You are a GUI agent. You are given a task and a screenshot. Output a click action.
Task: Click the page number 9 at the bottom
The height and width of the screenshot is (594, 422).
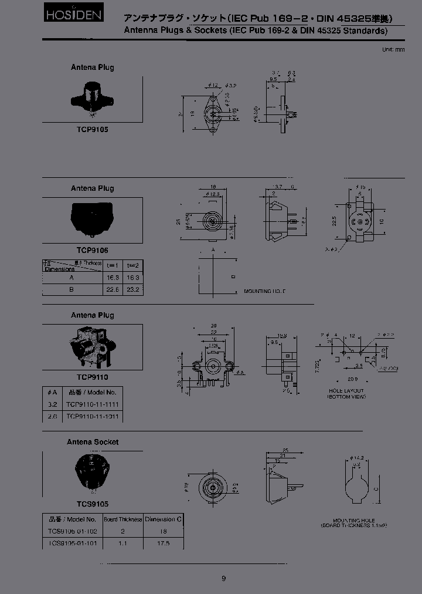(x=223, y=578)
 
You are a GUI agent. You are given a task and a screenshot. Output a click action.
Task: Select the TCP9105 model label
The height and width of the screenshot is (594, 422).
(x=92, y=130)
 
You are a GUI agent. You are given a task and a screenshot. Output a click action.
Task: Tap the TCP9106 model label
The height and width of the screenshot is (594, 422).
(x=92, y=250)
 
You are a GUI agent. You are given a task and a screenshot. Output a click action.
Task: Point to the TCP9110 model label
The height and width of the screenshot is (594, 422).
(x=92, y=377)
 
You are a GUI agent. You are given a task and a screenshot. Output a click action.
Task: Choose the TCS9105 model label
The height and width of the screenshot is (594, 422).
(x=92, y=504)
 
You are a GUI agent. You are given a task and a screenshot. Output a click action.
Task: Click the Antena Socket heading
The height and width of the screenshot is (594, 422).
(x=93, y=442)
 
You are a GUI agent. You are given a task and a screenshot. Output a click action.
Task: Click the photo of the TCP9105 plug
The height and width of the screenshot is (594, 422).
(x=92, y=97)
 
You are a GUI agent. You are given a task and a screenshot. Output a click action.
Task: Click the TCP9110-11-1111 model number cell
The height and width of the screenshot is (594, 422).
(x=95, y=404)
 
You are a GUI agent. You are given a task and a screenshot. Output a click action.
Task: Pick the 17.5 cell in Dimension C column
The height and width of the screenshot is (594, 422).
(x=164, y=544)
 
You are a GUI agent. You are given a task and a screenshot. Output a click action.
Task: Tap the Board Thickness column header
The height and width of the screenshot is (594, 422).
(x=122, y=519)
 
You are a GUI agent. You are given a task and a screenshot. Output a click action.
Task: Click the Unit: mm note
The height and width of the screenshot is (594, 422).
(x=393, y=49)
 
